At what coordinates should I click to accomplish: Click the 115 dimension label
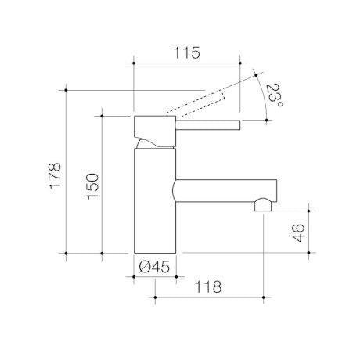(187, 53)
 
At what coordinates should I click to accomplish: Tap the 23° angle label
(274, 95)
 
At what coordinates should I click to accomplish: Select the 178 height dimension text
(55, 175)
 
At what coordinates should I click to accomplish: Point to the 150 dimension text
(93, 186)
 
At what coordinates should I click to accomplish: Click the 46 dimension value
(298, 232)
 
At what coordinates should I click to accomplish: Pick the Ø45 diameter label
(154, 267)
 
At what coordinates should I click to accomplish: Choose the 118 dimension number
(208, 286)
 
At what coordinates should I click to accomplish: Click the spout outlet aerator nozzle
(263, 205)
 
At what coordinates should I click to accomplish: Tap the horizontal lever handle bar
(208, 124)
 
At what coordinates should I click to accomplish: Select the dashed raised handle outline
(195, 103)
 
